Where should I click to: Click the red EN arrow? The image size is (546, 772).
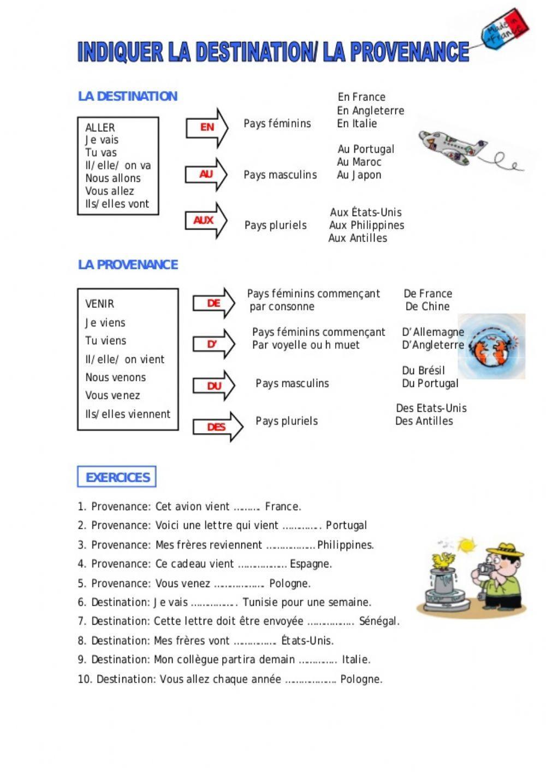point(207,128)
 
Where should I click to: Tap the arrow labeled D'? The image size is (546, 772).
point(213,344)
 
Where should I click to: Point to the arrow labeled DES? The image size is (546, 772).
point(217,427)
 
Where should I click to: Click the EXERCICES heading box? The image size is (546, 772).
point(117,477)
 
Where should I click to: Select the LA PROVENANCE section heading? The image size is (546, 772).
point(128,265)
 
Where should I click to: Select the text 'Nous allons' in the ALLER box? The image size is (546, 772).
point(112,178)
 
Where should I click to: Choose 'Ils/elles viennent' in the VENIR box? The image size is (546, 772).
point(128,414)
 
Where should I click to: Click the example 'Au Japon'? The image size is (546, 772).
point(359,175)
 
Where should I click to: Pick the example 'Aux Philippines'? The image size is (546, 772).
point(366,225)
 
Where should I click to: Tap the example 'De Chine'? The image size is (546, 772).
point(427,307)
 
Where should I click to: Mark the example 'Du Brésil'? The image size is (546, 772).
point(423,370)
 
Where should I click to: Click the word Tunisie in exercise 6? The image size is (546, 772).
point(260,602)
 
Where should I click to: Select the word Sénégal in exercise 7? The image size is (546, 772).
point(379,621)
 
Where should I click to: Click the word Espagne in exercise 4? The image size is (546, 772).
point(310,564)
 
